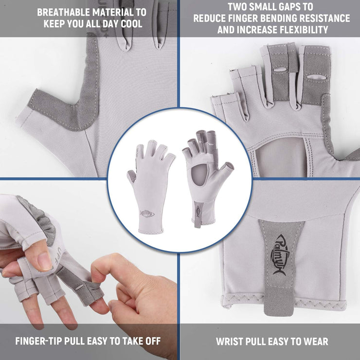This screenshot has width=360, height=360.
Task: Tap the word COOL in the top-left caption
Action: coord(132,24)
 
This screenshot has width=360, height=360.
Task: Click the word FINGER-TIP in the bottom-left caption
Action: coord(38,341)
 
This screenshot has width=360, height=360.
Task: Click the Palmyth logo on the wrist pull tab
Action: coord(281,255)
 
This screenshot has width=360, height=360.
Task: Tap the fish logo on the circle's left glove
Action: coord(147,214)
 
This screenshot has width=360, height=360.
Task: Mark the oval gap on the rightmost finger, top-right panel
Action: coord(317,77)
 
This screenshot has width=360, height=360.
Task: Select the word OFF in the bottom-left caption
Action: coord(153,341)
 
